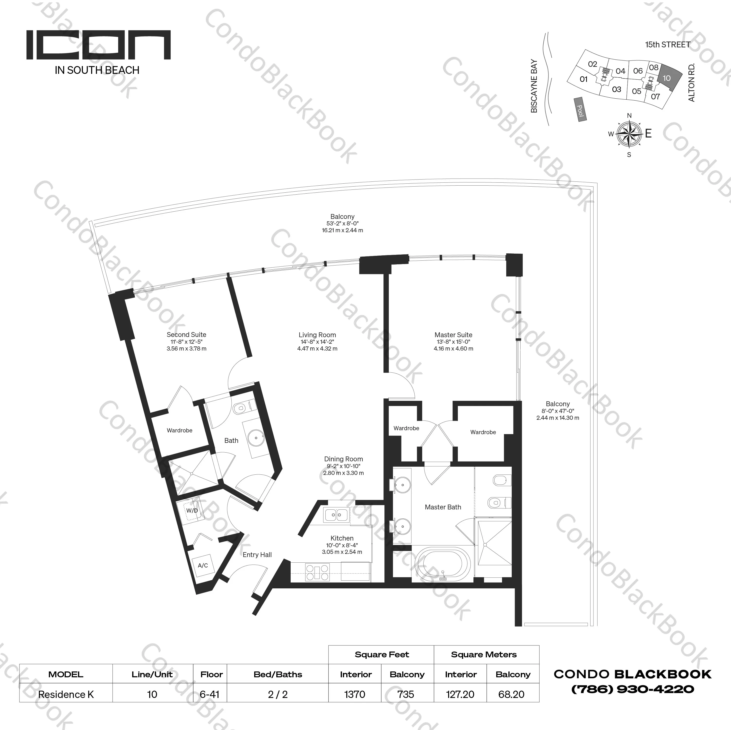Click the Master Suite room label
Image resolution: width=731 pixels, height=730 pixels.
pyautogui.click(x=453, y=335)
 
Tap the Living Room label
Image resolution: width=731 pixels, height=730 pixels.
pyautogui.click(x=317, y=335)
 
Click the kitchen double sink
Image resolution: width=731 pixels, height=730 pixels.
pyautogui.click(x=336, y=515)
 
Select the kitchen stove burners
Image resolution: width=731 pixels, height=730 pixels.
pyautogui.click(x=317, y=572)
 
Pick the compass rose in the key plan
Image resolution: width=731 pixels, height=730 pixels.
pyautogui.click(x=629, y=134)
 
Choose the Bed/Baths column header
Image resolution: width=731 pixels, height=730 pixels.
pyautogui.click(x=278, y=674)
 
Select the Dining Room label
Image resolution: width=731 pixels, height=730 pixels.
pyautogui.click(x=343, y=459)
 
